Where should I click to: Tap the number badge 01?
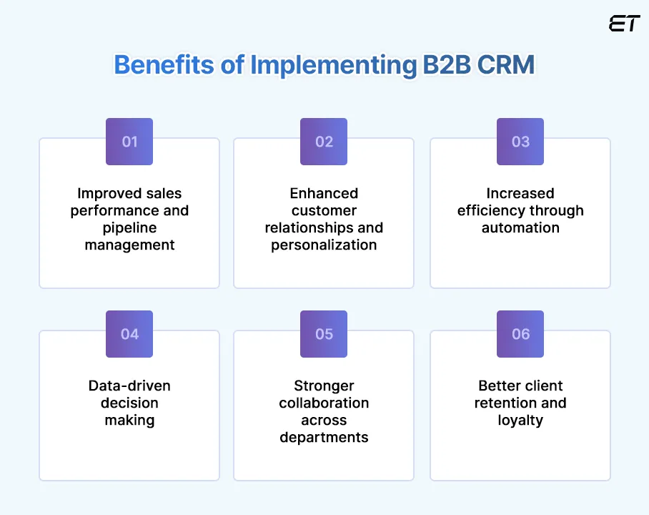[x=129, y=142]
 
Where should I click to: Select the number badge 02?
[x=324, y=142]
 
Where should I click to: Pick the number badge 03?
[x=520, y=142]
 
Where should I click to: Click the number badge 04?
[x=129, y=334]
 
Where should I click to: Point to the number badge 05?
[x=324, y=334]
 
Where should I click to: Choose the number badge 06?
[x=520, y=334]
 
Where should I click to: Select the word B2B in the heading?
[x=437, y=64]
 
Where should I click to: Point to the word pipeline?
[x=129, y=227]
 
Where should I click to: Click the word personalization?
[x=324, y=245]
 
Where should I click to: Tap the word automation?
[x=520, y=227]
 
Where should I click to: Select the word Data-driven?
[x=129, y=386]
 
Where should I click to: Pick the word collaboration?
[x=324, y=403]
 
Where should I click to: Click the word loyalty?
[x=520, y=420]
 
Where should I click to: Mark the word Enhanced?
[x=324, y=193]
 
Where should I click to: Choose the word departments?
[x=324, y=437]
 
